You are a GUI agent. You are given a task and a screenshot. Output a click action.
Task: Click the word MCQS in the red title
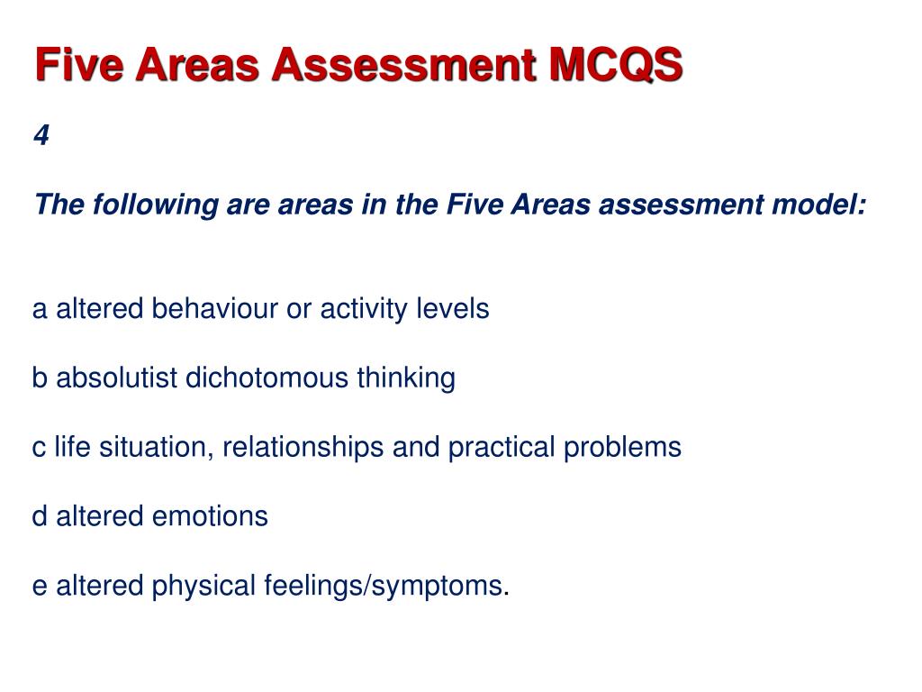[616, 66]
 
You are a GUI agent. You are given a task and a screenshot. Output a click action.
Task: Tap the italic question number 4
[41, 135]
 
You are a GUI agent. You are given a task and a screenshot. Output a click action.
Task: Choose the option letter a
[40, 310]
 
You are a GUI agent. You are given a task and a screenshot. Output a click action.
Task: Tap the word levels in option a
[452, 309]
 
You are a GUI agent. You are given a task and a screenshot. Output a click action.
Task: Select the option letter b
[40, 378]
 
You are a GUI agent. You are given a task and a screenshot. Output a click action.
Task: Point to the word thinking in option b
[405, 378]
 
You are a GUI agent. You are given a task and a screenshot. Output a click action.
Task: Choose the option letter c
[39, 448]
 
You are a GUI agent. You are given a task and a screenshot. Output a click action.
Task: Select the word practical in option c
[504, 448]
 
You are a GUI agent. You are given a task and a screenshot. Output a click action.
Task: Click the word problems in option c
[622, 448]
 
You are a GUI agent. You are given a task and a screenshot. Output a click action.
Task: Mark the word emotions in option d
[210, 517]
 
